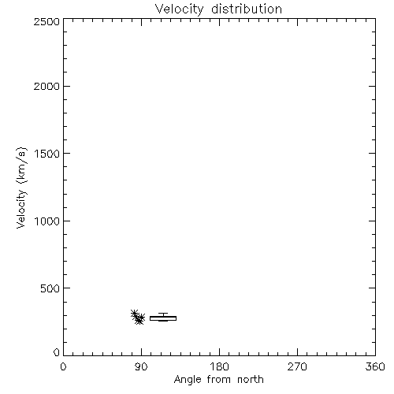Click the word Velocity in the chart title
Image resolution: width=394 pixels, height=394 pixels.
pos(180,9)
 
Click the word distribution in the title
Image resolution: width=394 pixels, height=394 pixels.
pos(247,9)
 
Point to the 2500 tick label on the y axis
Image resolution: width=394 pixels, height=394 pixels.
pos(46,21)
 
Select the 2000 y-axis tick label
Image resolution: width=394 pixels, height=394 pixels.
pos(46,86)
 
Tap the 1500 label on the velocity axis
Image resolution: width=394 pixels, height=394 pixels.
pos(47,154)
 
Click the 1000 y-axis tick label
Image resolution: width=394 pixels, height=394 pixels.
pos(47,221)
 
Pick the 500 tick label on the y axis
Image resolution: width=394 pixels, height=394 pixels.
pos(50,288)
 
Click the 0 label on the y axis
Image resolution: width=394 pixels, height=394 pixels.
pos(57,352)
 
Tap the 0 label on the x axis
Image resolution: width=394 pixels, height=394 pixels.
pos(63,366)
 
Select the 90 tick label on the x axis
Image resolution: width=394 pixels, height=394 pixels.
pos(141,366)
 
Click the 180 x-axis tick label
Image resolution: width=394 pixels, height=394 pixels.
pos(219,366)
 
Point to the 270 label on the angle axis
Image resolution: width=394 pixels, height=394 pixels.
pos(297,366)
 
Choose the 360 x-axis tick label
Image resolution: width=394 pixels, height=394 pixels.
pos(375,366)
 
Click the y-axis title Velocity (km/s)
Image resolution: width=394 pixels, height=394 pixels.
pos(21,188)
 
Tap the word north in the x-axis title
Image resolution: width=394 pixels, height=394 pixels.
pos(251,380)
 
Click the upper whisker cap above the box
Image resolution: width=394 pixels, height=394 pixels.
pos(163,314)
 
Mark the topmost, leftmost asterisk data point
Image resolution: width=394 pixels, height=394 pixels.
pos(135,314)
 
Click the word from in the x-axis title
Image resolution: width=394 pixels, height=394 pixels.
pos(219,380)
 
